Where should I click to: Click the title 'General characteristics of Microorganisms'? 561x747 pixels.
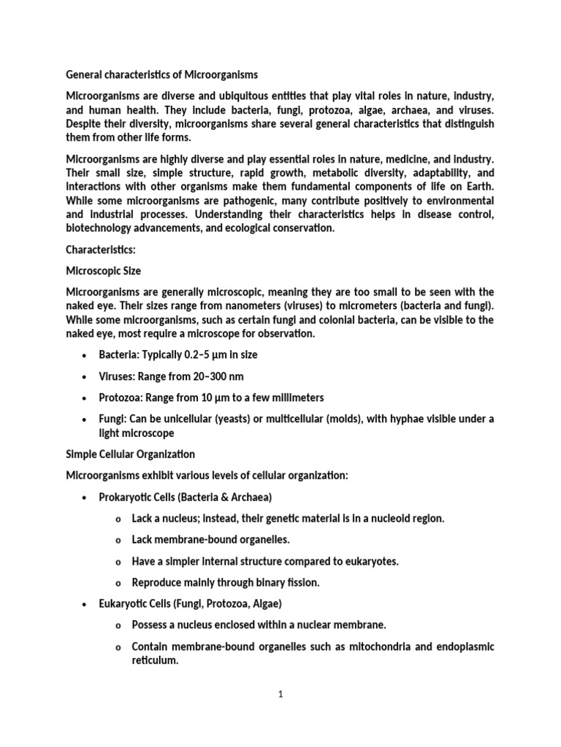(x=162, y=74)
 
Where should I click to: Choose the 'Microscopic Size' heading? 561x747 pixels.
(x=103, y=271)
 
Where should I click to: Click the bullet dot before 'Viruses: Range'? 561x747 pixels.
(x=86, y=376)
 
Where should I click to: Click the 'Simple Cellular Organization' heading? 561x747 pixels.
(x=131, y=454)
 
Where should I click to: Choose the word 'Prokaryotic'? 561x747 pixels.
(x=128, y=498)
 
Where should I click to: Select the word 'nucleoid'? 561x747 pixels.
(x=387, y=519)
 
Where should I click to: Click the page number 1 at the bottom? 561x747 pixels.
(x=280, y=694)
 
